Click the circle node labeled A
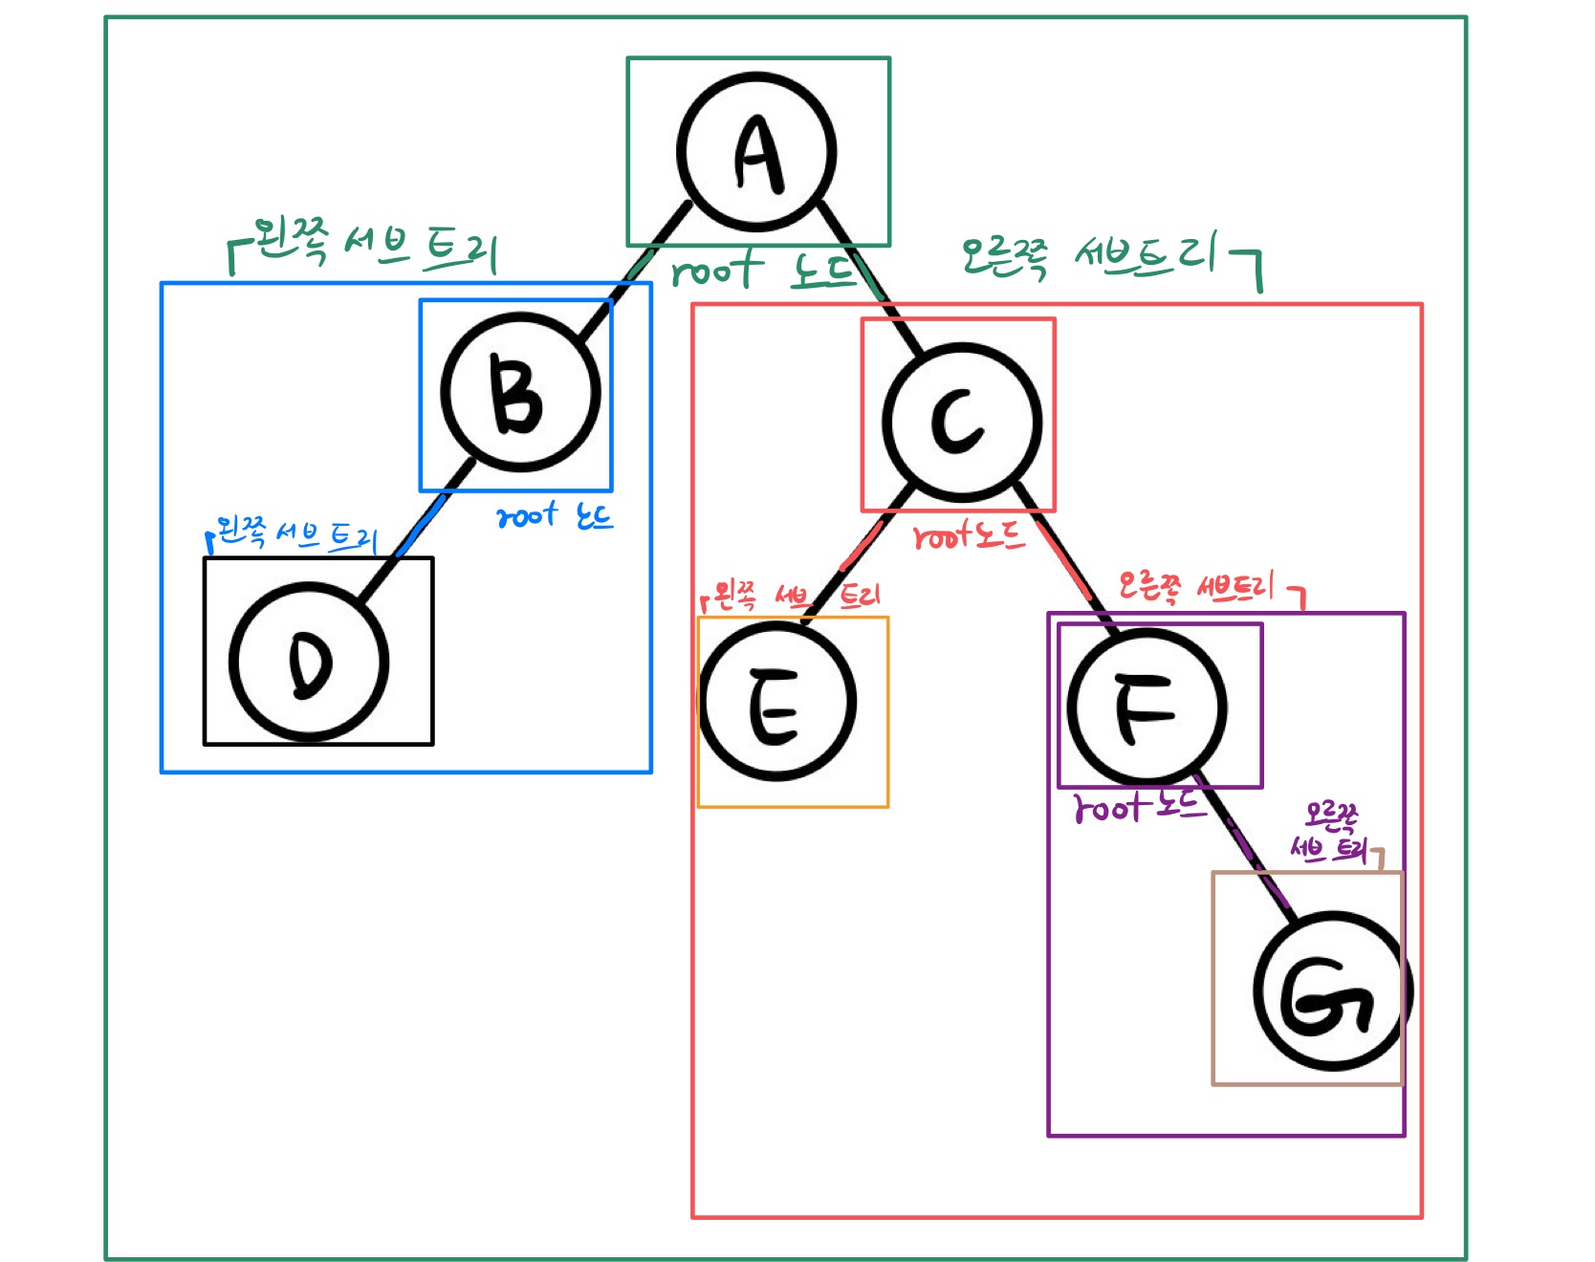[x=756, y=152]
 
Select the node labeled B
[x=521, y=393]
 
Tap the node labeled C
[x=962, y=423]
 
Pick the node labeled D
[x=309, y=663]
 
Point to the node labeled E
[x=777, y=703]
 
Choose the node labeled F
[x=1147, y=708]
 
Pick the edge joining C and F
[x=1066, y=560]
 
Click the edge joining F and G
[x=1244, y=841]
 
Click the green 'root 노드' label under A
[x=762, y=271]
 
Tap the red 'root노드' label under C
[x=969, y=536]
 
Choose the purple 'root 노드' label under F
[x=1137, y=807]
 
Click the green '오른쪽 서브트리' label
[x=1090, y=254]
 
